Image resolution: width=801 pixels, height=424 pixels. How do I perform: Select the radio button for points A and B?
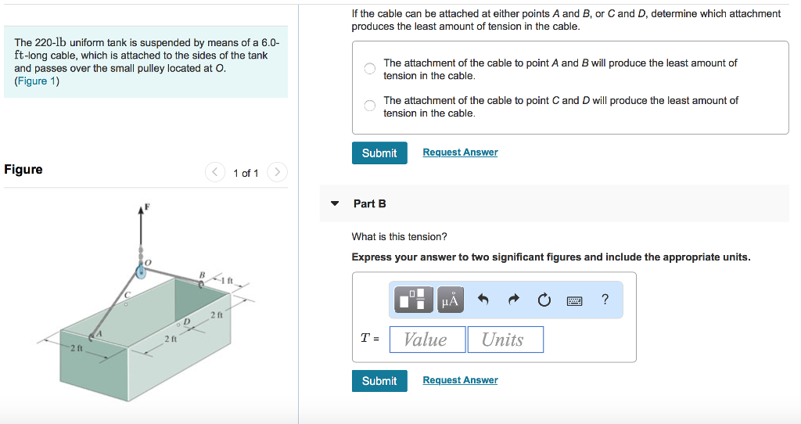click(x=370, y=69)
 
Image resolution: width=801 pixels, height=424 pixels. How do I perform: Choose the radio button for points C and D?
click(x=370, y=106)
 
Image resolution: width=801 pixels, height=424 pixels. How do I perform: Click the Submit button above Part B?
click(x=379, y=153)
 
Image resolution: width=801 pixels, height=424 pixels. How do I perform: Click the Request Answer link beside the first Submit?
click(x=460, y=153)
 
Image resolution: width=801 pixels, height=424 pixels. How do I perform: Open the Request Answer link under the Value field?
click(x=460, y=380)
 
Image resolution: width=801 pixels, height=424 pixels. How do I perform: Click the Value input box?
click(x=427, y=340)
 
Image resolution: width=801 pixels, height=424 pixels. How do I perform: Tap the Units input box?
click(x=505, y=340)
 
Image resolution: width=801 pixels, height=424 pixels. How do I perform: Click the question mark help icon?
click(x=605, y=299)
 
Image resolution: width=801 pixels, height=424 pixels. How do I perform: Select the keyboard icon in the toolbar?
click(x=575, y=300)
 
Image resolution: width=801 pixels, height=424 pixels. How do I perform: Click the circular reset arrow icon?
click(x=544, y=300)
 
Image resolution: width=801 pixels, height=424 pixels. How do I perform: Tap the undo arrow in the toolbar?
click(x=483, y=300)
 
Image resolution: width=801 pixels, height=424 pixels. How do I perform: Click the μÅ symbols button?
click(x=450, y=300)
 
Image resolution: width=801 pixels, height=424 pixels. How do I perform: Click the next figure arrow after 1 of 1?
click(x=278, y=172)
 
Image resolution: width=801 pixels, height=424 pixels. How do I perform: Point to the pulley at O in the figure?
click(x=141, y=271)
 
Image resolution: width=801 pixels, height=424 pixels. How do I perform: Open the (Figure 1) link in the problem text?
click(x=37, y=81)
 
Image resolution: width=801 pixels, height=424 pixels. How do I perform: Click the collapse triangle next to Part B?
click(x=336, y=203)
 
